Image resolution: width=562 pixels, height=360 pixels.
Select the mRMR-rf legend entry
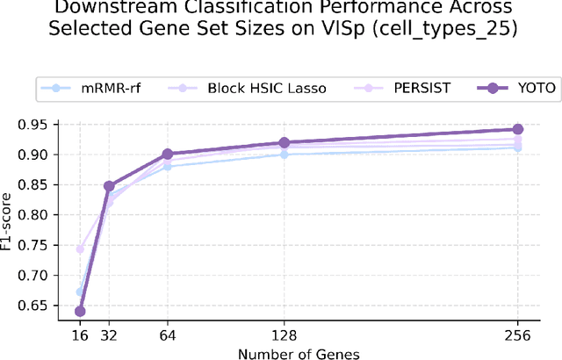pyautogui.click(x=97, y=88)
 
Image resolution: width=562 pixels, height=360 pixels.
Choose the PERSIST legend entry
pyautogui.click(x=397, y=88)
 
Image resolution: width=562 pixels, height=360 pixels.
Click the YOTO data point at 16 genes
pyautogui.click(x=80, y=311)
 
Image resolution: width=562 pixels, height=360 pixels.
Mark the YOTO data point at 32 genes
pyautogui.click(x=109, y=186)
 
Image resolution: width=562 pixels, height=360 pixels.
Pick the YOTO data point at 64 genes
pyautogui.click(x=168, y=154)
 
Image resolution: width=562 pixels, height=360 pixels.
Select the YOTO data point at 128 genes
pyautogui.click(x=284, y=142)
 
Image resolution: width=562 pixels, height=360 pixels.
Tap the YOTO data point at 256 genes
pyautogui.click(x=517, y=129)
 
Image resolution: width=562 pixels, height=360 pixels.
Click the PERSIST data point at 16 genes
pyautogui.click(x=80, y=249)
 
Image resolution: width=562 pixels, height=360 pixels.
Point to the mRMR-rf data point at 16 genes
pyautogui.click(x=80, y=292)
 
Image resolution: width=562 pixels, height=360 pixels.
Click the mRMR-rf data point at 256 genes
pyautogui.click(x=517, y=148)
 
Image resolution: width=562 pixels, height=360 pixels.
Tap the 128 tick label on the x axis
pyautogui.click(x=284, y=336)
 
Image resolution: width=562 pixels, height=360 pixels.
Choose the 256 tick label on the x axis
pyautogui.click(x=517, y=336)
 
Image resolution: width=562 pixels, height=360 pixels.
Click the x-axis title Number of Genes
pyautogui.click(x=299, y=353)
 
